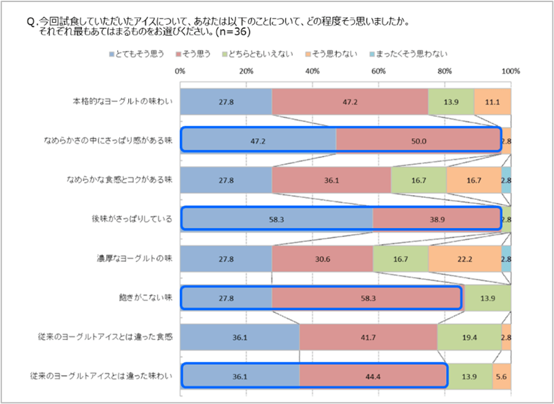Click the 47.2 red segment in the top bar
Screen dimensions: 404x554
click(x=350, y=101)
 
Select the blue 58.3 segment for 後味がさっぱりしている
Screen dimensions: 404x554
click(x=276, y=219)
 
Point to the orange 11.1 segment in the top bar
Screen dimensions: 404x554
click(x=492, y=101)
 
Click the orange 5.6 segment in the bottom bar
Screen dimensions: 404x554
click(x=501, y=376)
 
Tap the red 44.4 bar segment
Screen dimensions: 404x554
click(x=373, y=376)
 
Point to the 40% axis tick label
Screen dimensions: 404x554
click(x=311, y=71)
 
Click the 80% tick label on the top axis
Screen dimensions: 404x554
click(x=444, y=71)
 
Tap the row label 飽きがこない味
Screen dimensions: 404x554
click(x=145, y=297)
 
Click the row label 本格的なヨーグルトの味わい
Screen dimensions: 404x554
click(x=122, y=101)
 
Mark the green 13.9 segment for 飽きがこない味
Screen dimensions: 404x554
click(x=487, y=297)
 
